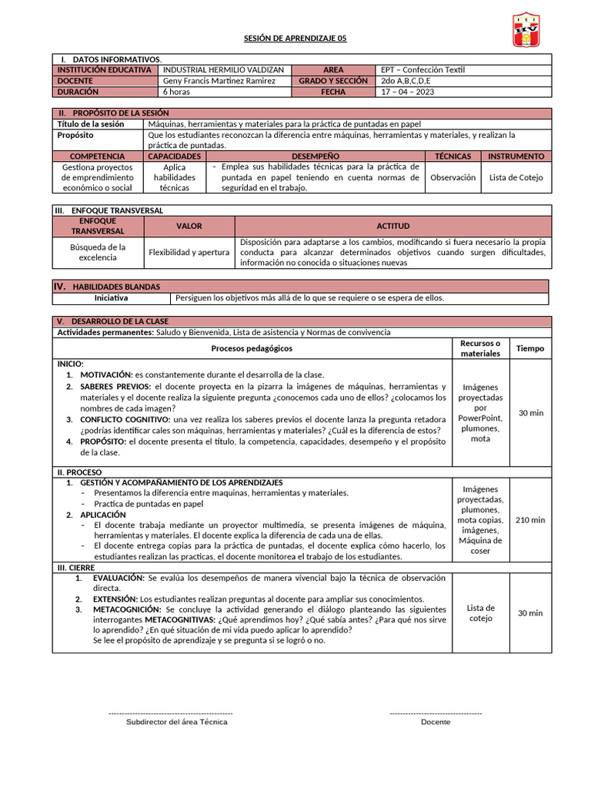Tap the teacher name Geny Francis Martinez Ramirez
pos(219,81)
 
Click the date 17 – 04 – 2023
pos(407,92)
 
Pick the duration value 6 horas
pos(177,92)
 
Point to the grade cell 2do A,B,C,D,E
pos(406,81)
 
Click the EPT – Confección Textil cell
pos(423,70)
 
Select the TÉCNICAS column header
pos(452,156)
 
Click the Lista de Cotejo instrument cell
pos(516,177)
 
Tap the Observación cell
pos(452,177)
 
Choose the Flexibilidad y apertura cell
pos(189,252)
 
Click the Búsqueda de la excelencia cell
pos(98,252)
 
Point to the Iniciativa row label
pos(111,298)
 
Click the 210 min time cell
pos(529,520)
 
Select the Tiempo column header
pos(529,348)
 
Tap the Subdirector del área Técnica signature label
pos(177,722)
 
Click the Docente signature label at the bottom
pos(436,722)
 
